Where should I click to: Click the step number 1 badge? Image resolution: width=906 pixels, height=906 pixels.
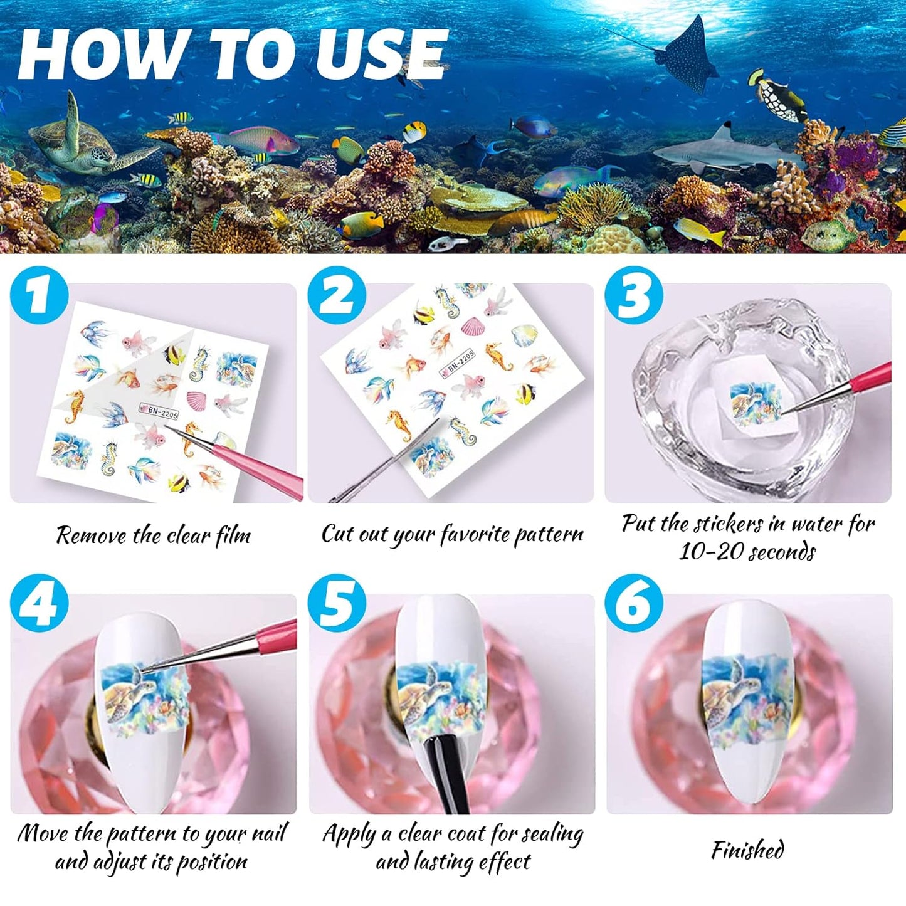click(x=39, y=295)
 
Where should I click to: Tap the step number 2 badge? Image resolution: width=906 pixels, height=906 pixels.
click(x=337, y=295)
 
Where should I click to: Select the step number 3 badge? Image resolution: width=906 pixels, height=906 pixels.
click(x=633, y=295)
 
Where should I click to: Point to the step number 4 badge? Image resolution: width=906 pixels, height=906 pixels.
click(x=39, y=604)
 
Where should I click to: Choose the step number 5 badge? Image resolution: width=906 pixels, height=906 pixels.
click(x=337, y=604)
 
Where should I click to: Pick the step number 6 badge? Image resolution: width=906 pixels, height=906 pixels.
click(x=633, y=604)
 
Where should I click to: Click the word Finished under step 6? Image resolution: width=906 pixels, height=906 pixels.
click(x=747, y=850)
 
